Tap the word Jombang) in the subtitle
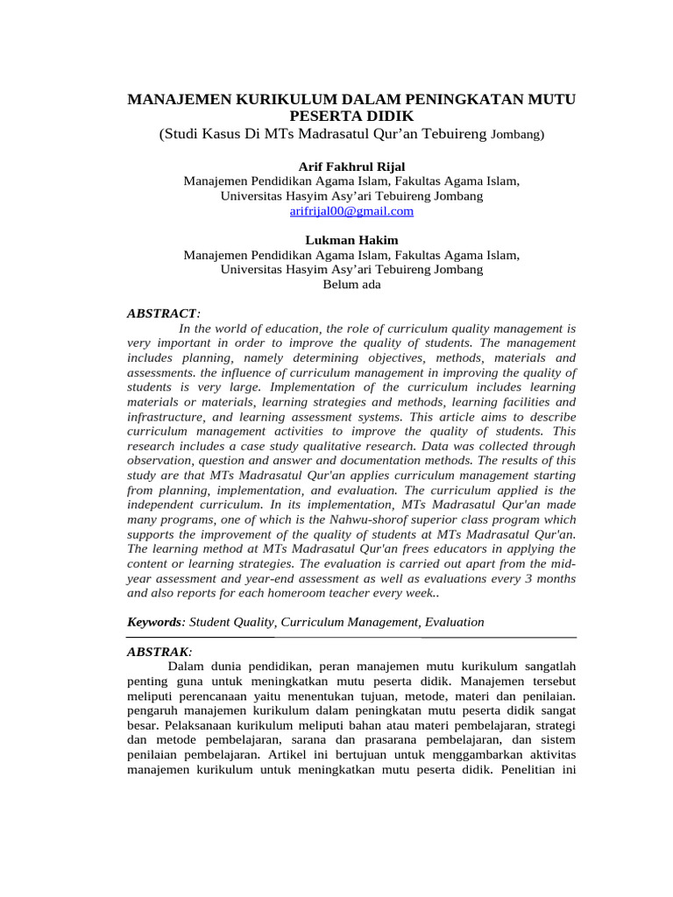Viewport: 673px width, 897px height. coord(517,135)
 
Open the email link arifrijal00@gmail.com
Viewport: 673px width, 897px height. coord(351,211)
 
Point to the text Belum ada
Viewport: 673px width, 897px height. coord(351,285)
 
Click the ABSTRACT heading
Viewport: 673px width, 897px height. coord(162,313)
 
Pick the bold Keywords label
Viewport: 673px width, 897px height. coord(155,622)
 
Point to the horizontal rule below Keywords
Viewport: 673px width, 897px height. coord(351,638)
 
